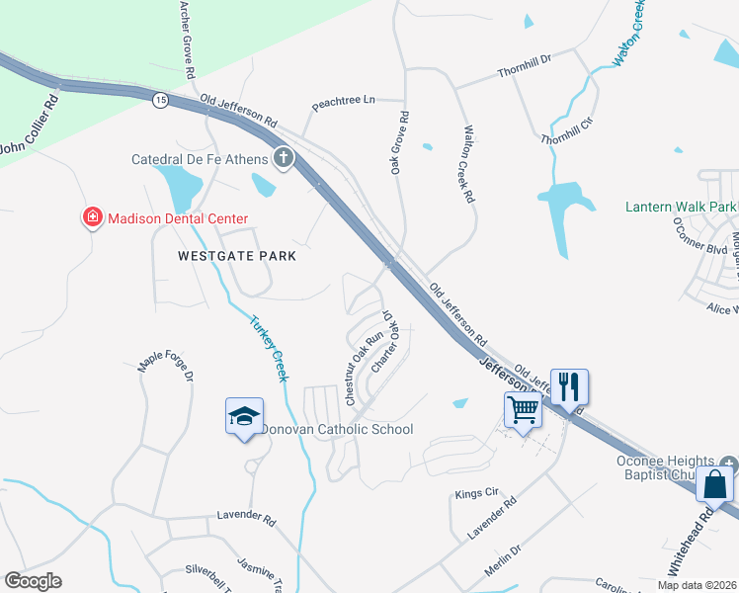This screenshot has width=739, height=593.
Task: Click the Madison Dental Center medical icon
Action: click(x=93, y=217)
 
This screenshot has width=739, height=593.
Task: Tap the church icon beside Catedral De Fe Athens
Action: click(x=284, y=158)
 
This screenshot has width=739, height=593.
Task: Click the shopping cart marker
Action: click(x=523, y=408)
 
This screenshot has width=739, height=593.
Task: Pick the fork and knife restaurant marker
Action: click(x=568, y=385)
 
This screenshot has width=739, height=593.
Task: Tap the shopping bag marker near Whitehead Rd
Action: click(x=714, y=484)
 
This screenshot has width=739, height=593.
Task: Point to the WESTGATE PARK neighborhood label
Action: click(x=237, y=255)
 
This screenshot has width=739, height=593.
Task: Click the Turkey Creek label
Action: click(x=269, y=348)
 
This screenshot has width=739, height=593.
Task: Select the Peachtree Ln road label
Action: click(x=344, y=101)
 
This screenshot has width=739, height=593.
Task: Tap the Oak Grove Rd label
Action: click(x=399, y=143)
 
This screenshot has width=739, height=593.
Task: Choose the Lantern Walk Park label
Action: click(x=682, y=208)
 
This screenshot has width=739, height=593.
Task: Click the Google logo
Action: click(x=33, y=581)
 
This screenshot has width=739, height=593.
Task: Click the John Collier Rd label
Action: click(x=30, y=126)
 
